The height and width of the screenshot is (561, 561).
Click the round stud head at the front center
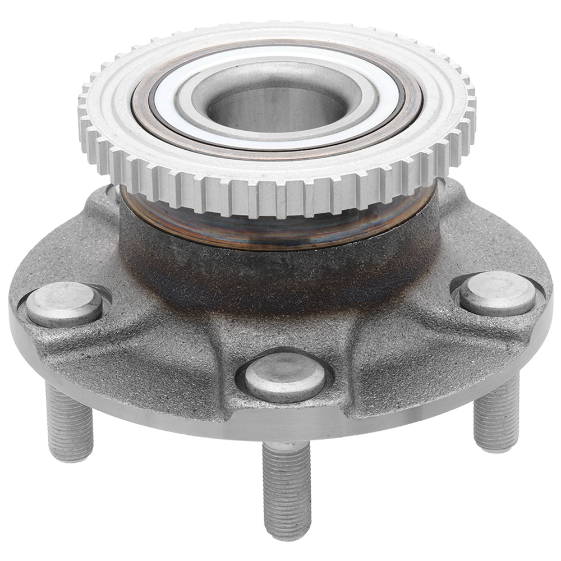(x=286, y=376)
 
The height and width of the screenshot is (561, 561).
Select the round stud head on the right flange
(x=496, y=292)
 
